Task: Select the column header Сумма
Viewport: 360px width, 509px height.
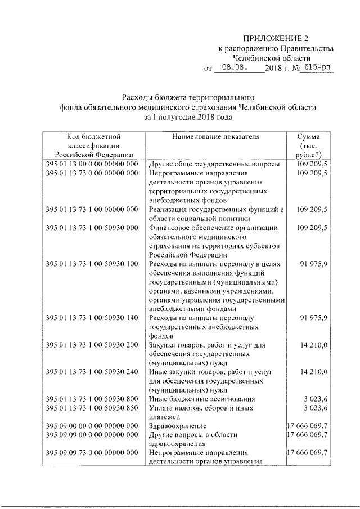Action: click(309, 137)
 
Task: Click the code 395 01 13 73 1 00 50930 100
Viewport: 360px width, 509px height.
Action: click(92, 263)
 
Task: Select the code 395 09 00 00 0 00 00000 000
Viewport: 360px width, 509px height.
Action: click(92, 425)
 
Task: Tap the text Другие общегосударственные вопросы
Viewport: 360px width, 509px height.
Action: click(214, 164)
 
